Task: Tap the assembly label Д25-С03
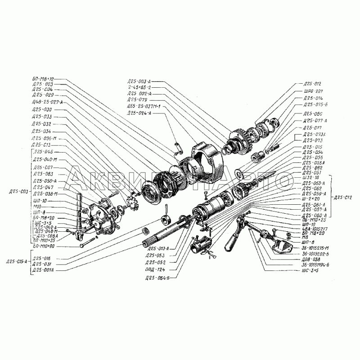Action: [x=18, y=193]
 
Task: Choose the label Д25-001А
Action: [x=43, y=270]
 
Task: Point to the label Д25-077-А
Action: [x=315, y=121]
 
